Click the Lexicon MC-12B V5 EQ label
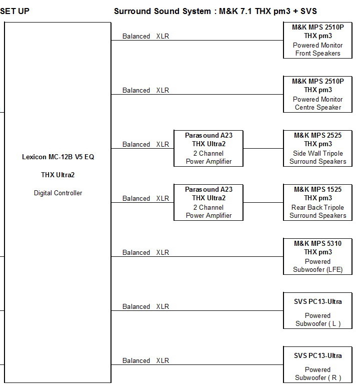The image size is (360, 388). (x=58, y=157)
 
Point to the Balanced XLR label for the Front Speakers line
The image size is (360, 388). (x=146, y=37)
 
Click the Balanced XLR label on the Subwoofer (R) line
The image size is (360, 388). (x=146, y=361)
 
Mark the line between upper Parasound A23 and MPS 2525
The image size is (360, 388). (x=263, y=149)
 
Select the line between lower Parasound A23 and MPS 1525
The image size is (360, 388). (x=263, y=202)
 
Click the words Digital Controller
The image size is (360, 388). (x=58, y=193)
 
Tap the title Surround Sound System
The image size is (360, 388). (x=162, y=11)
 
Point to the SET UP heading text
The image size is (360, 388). (x=14, y=11)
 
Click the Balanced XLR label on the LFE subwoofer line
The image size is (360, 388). (x=146, y=253)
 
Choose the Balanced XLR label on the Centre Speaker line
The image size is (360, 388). (x=146, y=91)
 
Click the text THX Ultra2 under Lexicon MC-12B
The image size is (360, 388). (x=58, y=175)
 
